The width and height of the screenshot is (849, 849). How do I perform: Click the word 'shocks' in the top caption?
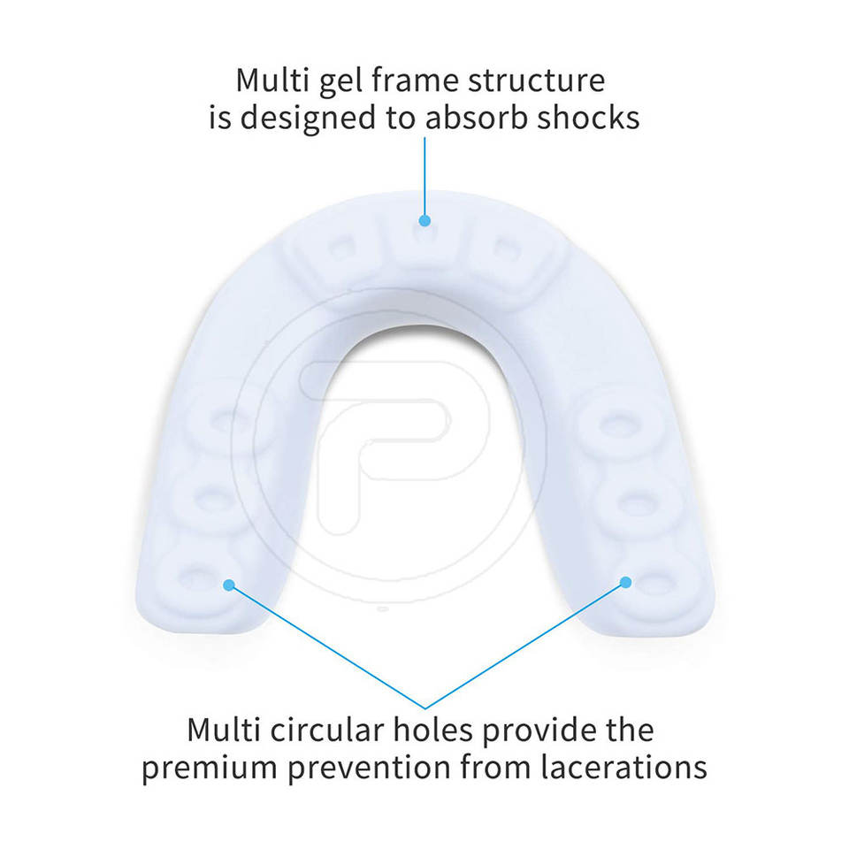pyautogui.click(x=589, y=118)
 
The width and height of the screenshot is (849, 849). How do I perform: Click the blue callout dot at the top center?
pyautogui.click(x=424, y=220)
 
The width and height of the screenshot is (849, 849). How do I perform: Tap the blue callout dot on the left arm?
pyautogui.click(x=229, y=585)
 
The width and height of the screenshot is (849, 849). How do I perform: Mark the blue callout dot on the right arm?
pyautogui.click(x=625, y=581)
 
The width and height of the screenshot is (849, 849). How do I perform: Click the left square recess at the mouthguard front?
pyautogui.click(x=339, y=249)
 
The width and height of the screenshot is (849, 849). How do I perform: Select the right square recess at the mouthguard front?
pyautogui.click(x=505, y=249)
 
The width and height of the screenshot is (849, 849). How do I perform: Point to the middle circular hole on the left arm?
pyautogui.click(x=210, y=501)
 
